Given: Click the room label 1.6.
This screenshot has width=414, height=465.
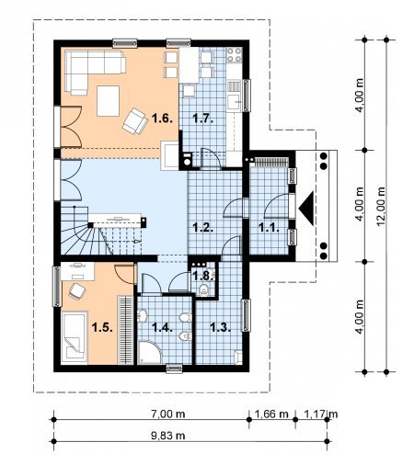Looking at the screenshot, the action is click(162, 118).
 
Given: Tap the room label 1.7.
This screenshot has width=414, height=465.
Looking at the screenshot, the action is click(202, 118).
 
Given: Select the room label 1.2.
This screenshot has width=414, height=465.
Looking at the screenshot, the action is click(202, 227).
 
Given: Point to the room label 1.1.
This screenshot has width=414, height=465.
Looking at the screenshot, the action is click(269, 227).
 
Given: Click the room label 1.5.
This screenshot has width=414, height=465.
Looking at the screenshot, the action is click(102, 327).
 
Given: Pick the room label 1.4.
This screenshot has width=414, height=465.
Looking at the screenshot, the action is click(162, 327).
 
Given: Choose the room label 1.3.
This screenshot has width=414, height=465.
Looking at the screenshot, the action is click(220, 327).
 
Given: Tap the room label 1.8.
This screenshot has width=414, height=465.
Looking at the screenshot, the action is click(202, 276).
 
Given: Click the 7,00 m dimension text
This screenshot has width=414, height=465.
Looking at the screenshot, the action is click(168, 414).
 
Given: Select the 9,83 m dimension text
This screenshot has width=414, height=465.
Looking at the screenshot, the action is click(168, 436).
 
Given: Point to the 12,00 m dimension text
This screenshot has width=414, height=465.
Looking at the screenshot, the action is click(381, 206).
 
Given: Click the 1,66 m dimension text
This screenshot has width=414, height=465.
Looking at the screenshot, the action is click(271, 414).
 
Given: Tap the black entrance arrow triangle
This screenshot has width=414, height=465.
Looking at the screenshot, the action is click(306, 209).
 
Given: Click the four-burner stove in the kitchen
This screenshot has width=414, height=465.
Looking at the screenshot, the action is click(235, 55).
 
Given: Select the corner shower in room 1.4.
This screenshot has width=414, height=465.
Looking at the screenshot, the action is click(150, 352).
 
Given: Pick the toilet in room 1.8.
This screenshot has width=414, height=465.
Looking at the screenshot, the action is click(203, 289).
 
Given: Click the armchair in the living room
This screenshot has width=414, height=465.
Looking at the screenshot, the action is click(134, 121).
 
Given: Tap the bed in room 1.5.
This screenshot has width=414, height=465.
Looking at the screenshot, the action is click(75, 338).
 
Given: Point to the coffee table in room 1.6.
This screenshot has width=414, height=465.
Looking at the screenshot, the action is click(108, 101).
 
